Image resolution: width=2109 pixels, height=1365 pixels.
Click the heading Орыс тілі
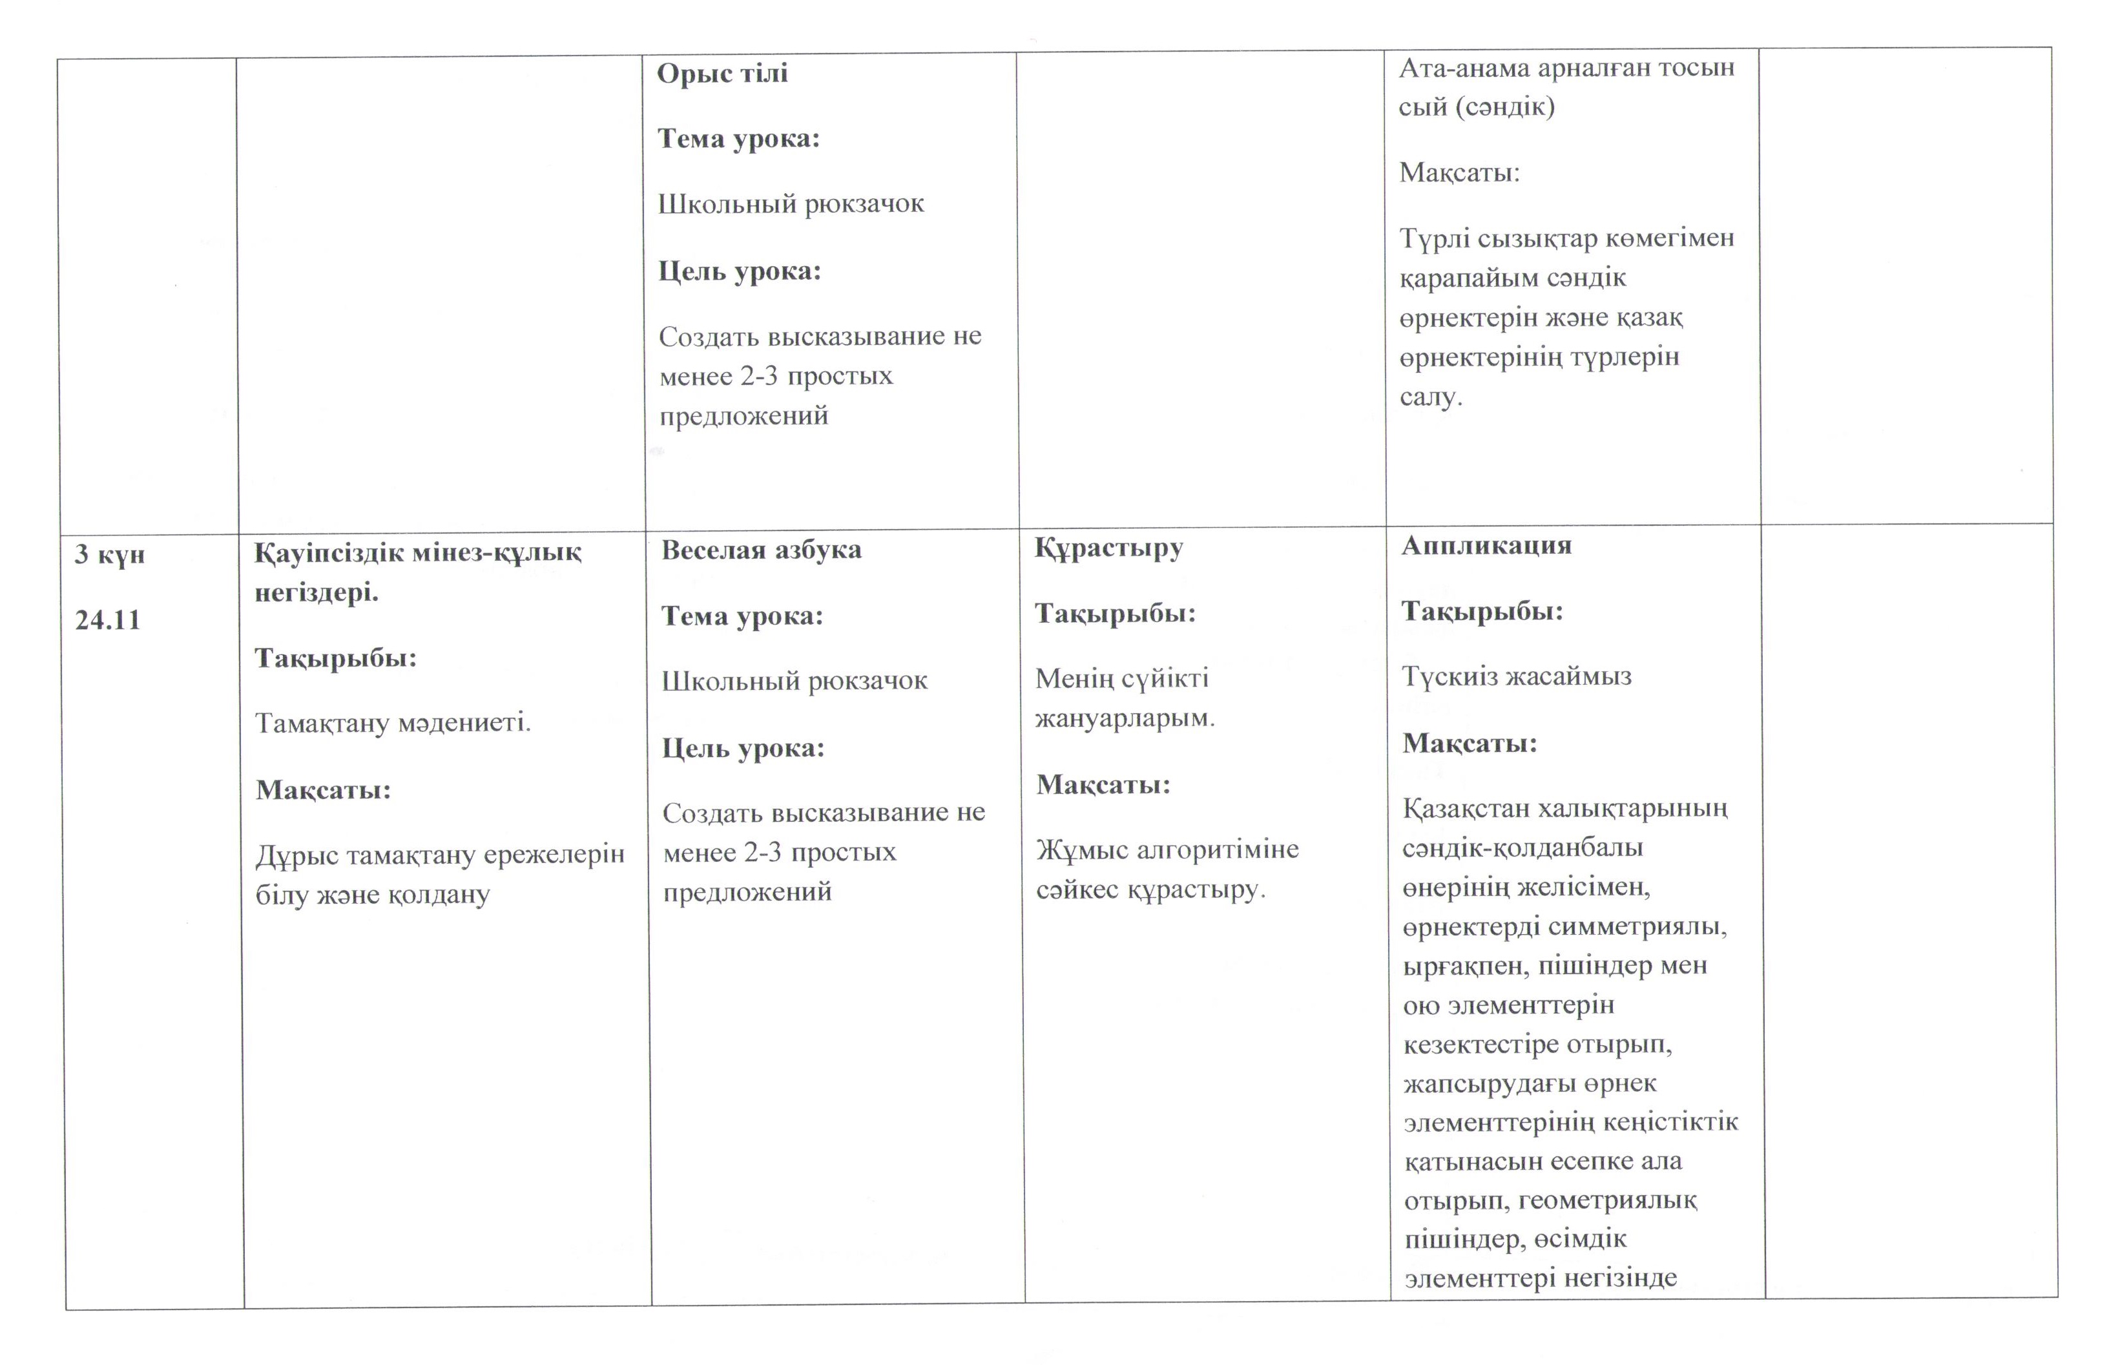click(x=722, y=74)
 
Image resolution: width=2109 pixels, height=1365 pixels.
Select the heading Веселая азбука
click(x=760, y=550)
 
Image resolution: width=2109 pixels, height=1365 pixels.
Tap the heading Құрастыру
click(x=1108, y=548)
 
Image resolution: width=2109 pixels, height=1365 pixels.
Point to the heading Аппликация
click(x=1486, y=546)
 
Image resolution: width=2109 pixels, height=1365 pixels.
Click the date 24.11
click(x=107, y=620)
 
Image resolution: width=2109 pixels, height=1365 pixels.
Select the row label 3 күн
click(x=109, y=555)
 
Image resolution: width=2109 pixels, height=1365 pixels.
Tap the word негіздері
click(x=317, y=593)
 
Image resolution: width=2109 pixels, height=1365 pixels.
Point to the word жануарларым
click(x=1125, y=718)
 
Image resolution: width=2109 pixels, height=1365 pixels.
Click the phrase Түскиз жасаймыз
click(x=1516, y=677)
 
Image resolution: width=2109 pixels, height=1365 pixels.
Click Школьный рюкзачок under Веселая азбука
click(x=794, y=682)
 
